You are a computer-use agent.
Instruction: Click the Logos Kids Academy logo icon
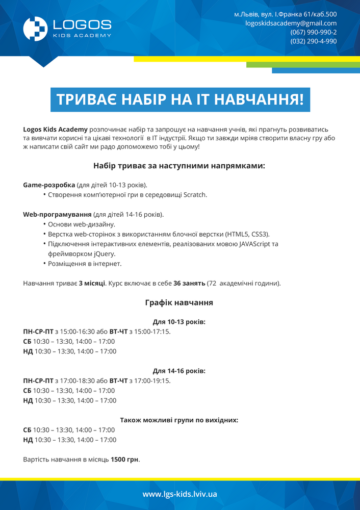click(35, 29)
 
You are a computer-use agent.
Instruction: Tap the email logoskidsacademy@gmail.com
click(291, 23)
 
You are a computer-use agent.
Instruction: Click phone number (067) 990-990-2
click(313, 32)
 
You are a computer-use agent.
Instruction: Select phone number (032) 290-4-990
click(313, 41)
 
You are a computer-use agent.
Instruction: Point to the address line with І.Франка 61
click(285, 14)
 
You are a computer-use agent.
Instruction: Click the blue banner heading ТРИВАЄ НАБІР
click(180, 99)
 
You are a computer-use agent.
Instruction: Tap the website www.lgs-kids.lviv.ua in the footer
click(180, 494)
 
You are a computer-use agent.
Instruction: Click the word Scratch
click(195, 195)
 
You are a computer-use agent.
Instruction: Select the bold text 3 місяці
click(92, 283)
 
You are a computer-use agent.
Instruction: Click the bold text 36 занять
click(189, 283)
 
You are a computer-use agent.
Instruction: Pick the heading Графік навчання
click(179, 302)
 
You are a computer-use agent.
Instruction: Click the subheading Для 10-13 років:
click(179, 322)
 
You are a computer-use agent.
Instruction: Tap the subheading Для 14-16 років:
click(179, 371)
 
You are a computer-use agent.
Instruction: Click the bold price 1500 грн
click(125, 460)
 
